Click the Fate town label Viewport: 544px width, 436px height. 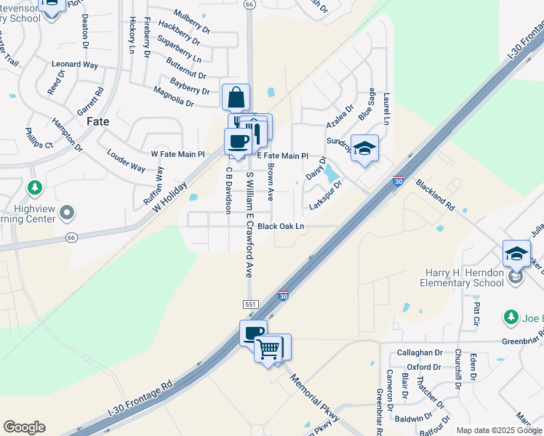[x=98, y=121]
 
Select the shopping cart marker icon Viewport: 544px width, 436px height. [x=268, y=350]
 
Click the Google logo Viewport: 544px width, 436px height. [x=24, y=427]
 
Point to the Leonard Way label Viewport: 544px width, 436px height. [x=74, y=65]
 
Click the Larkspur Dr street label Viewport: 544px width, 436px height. [x=325, y=195]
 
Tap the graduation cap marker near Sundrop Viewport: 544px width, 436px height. [x=364, y=148]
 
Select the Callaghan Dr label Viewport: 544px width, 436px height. [x=420, y=352]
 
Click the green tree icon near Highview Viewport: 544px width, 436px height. [x=34, y=189]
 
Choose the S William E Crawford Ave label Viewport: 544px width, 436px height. [x=249, y=225]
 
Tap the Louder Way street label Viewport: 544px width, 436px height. [x=126, y=161]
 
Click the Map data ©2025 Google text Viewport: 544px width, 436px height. [x=499, y=430]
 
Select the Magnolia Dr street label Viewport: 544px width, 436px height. [x=173, y=97]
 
